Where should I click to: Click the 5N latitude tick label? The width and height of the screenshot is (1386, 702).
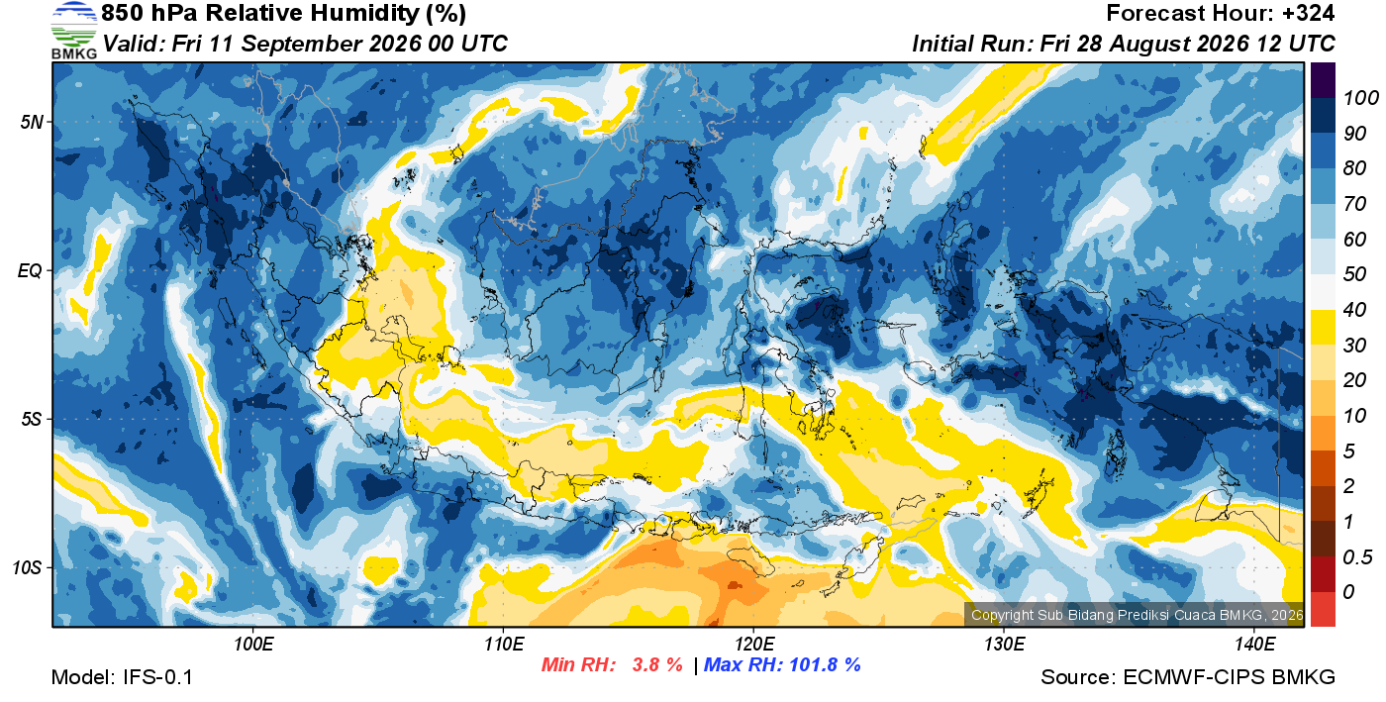tap(32, 122)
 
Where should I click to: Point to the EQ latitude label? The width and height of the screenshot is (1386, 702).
tap(31, 270)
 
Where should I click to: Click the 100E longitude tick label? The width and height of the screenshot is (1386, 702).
tap(253, 645)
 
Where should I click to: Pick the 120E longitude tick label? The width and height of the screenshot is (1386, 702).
tap(753, 645)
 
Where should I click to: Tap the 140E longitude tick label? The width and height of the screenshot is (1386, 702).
tap(1254, 645)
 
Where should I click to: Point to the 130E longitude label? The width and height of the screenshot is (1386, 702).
tap(1004, 645)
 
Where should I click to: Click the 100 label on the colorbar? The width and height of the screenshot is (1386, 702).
tap(1360, 98)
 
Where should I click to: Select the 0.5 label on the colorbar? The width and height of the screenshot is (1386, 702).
tap(1357, 557)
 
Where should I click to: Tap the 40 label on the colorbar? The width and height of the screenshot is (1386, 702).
tap(1354, 310)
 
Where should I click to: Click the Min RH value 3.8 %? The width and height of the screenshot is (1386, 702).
tap(656, 664)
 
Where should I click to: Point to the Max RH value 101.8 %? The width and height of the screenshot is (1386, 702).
tap(825, 664)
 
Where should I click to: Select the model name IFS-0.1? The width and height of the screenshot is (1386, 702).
tap(157, 677)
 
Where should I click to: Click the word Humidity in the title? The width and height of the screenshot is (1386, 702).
tap(365, 13)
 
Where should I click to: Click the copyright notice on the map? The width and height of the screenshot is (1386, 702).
tap(1137, 615)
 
